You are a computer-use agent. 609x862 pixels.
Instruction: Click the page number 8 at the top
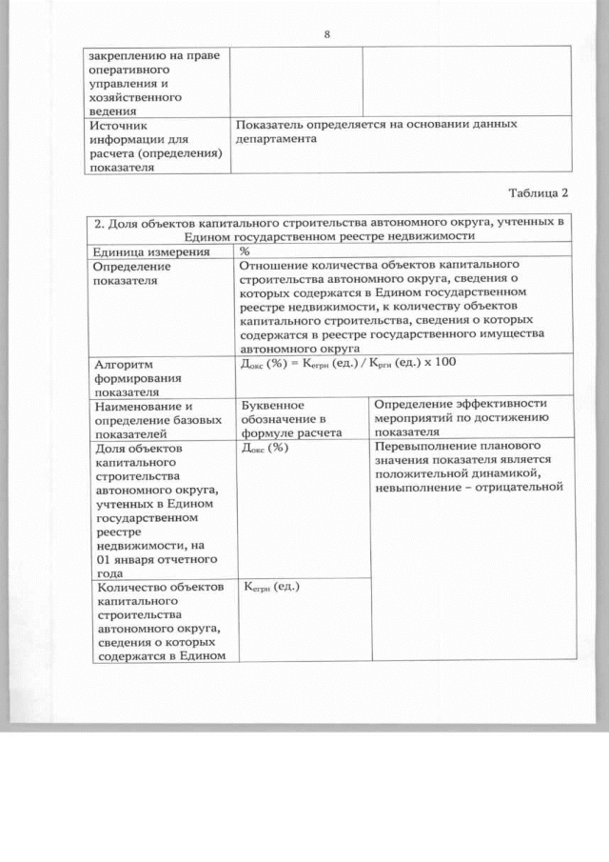click(326, 35)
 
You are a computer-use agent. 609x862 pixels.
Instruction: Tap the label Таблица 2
click(536, 191)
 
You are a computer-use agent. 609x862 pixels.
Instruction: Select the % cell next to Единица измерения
click(245, 251)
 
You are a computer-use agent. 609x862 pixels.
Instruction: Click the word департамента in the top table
click(276, 139)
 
